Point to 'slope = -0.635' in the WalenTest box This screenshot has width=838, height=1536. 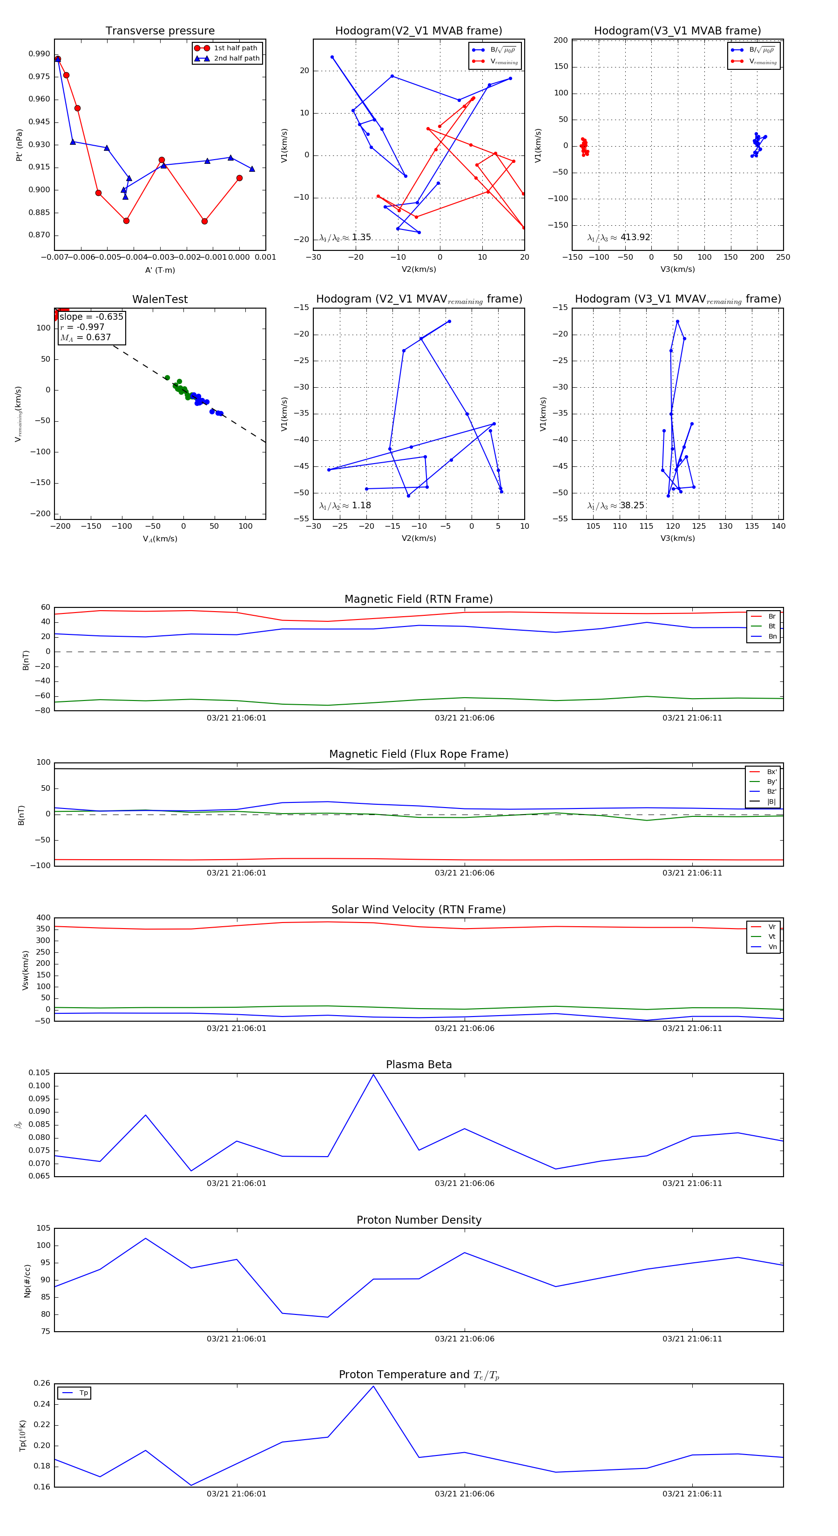coord(91,317)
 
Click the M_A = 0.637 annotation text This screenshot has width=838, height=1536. coord(85,337)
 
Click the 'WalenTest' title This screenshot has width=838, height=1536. coord(160,299)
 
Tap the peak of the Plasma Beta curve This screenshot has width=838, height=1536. coord(373,1074)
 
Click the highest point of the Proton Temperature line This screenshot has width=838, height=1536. coord(373,1386)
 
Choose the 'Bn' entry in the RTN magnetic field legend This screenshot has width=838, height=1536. coord(772,636)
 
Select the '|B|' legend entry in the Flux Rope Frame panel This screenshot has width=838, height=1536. coord(771,802)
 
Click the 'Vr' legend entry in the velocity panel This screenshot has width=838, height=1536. coord(772,927)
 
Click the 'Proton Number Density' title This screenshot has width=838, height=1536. coord(419,1220)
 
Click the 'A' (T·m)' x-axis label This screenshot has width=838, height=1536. coord(160,270)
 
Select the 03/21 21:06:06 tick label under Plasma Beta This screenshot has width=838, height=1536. coord(464,1183)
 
